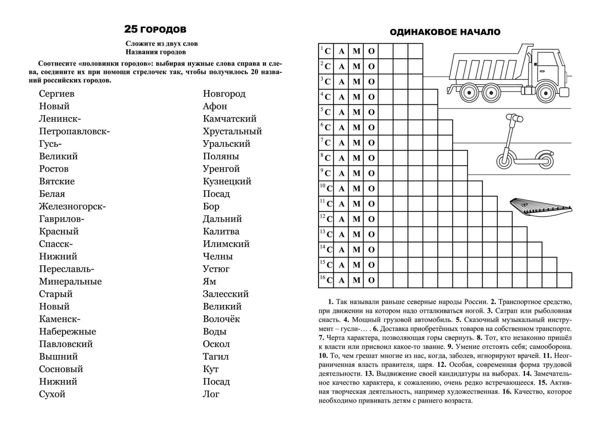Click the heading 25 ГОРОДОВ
pyautogui.click(x=155, y=29)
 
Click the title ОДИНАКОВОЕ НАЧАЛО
pyautogui.click(x=445, y=32)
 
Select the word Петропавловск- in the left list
pyautogui.click(x=74, y=131)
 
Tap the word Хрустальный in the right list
pyautogui.click(x=232, y=131)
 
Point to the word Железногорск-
pyautogui.click(x=72, y=206)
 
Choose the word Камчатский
pyautogui.click(x=230, y=119)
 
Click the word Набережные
pyautogui.click(x=67, y=332)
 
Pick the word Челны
pyautogui.click(x=218, y=256)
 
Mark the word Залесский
pyautogui.click(x=226, y=294)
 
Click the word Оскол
pyautogui.click(x=216, y=344)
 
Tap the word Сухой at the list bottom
pyautogui.click(x=52, y=394)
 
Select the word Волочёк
pyautogui.click(x=221, y=319)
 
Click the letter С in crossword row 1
pyautogui.click(x=327, y=51)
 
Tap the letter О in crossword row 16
pyautogui.click(x=371, y=280)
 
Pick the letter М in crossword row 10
pyautogui.click(x=356, y=189)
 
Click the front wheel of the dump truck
pyautogui.click(x=546, y=92)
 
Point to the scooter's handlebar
pyautogui.click(x=514, y=118)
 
